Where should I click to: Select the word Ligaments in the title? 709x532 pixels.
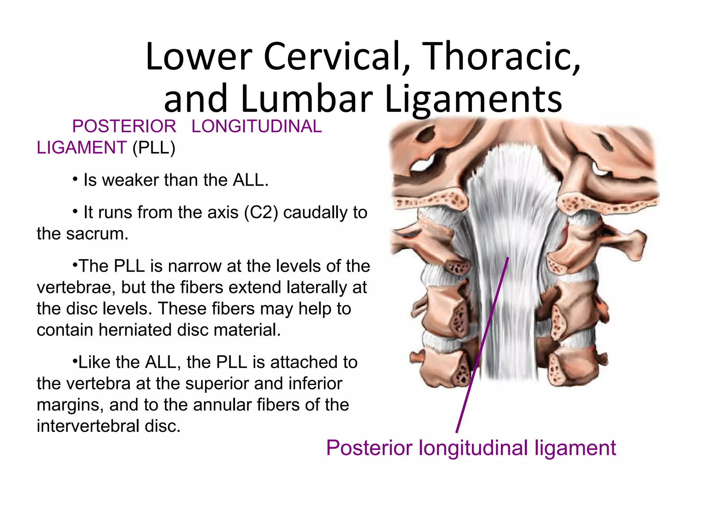coord(473,99)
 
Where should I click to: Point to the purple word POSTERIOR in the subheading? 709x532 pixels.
coord(124,126)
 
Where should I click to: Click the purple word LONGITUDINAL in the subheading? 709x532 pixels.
coord(257,126)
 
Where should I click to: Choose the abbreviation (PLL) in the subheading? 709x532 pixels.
coord(154,148)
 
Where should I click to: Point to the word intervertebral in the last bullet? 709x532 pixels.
coord(88,426)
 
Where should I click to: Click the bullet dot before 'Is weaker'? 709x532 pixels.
coord(75,179)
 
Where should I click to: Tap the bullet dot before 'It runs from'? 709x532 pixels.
coord(75,212)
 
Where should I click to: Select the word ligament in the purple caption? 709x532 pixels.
coord(575,448)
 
